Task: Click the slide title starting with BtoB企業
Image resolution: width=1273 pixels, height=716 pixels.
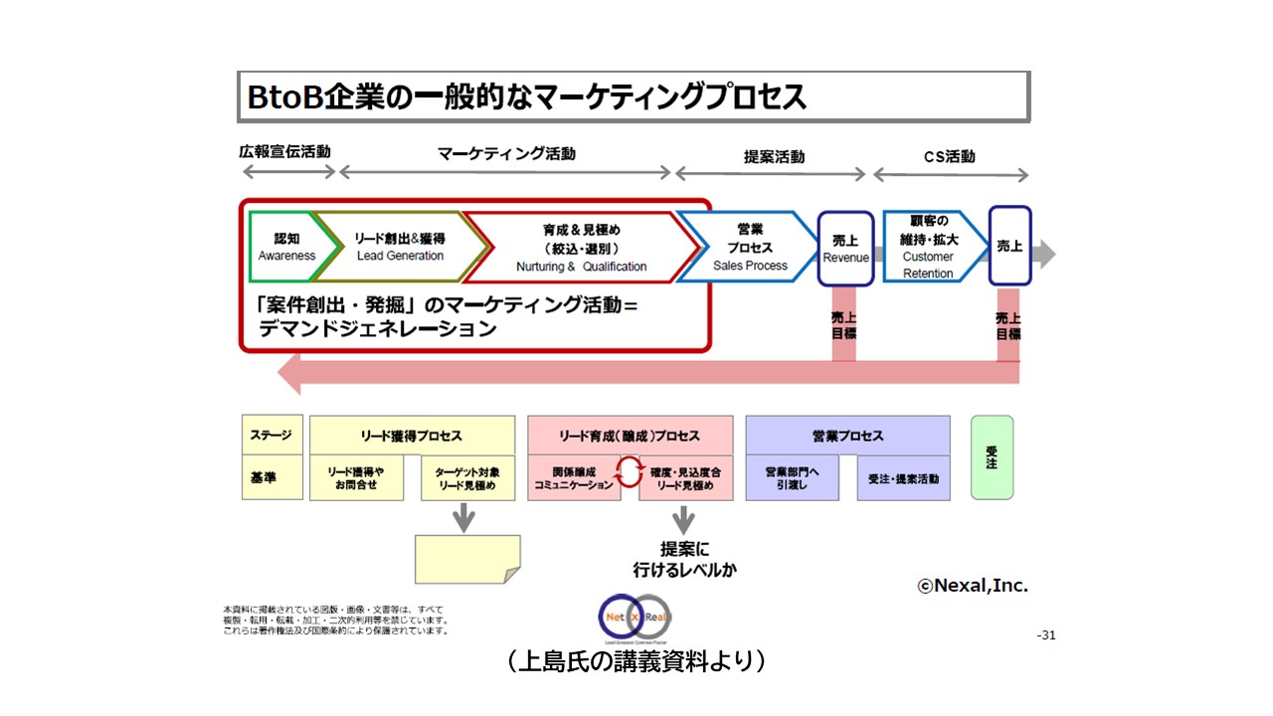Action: tap(527, 96)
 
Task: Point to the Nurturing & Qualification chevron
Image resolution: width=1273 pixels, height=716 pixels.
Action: tap(582, 248)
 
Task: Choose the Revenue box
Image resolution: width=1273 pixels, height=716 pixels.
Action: tap(845, 249)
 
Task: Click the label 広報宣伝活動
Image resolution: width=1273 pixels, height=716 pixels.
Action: tap(284, 152)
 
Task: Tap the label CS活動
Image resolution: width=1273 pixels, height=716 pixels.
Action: tap(949, 156)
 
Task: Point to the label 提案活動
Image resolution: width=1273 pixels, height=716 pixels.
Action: tap(774, 156)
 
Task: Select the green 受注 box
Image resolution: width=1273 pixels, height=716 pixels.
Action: tap(992, 457)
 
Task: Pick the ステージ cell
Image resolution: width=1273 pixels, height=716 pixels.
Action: tap(272, 436)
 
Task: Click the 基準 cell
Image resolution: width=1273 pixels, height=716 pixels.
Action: tap(272, 478)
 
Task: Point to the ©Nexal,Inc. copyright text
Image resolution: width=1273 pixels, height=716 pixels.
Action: tap(973, 586)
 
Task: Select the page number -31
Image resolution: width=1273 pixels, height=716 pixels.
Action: tap(1045, 635)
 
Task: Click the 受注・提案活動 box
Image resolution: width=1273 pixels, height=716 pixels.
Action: tap(903, 478)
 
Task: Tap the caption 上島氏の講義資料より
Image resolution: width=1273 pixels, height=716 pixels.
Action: tap(636, 660)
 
